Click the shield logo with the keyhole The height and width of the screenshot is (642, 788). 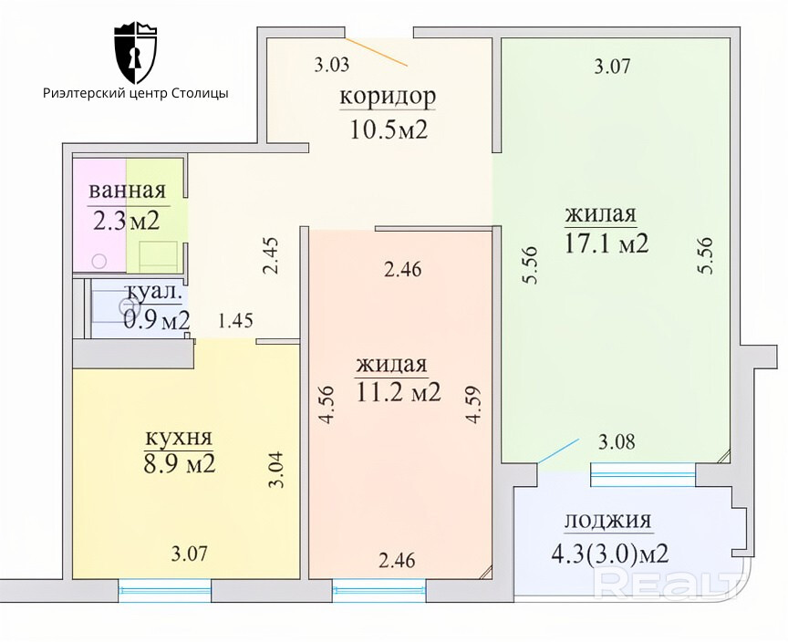pos(136,53)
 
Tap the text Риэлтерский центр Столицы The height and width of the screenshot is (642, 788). pos(136,93)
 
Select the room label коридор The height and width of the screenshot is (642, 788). pos(388,97)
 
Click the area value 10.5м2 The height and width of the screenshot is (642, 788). pos(389,130)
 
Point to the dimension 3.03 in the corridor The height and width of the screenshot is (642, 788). pos(332,65)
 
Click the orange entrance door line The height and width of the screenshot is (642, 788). pos(377,51)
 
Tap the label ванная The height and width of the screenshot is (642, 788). pos(127,191)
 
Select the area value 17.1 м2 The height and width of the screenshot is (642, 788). pos(607,243)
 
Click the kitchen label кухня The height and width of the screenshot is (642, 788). pos(179,438)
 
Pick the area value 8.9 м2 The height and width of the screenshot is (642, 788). pos(180,463)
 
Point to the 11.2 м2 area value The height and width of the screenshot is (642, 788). pos(399,392)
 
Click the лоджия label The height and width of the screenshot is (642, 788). pos(608,522)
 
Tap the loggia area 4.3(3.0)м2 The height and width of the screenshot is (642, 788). pos(610,554)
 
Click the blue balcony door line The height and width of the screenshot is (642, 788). pos(558,450)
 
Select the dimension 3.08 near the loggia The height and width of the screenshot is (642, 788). pos(617,441)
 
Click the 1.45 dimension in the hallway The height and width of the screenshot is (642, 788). pos(235,320)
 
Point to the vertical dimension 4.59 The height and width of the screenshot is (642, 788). pos(473,404)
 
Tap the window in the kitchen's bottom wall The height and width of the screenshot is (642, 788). pos(165,591)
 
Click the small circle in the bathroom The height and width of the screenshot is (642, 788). pos(99,261)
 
